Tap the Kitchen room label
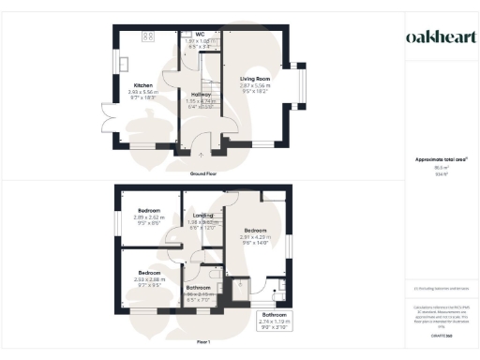click(x=142, y=84)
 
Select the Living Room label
click(x=256, y=78)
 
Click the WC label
click(x=200, y=35)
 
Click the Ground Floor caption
click(x=204, y=174)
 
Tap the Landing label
click(x=203, y=216)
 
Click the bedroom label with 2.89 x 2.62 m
click(x=149, y=210)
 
